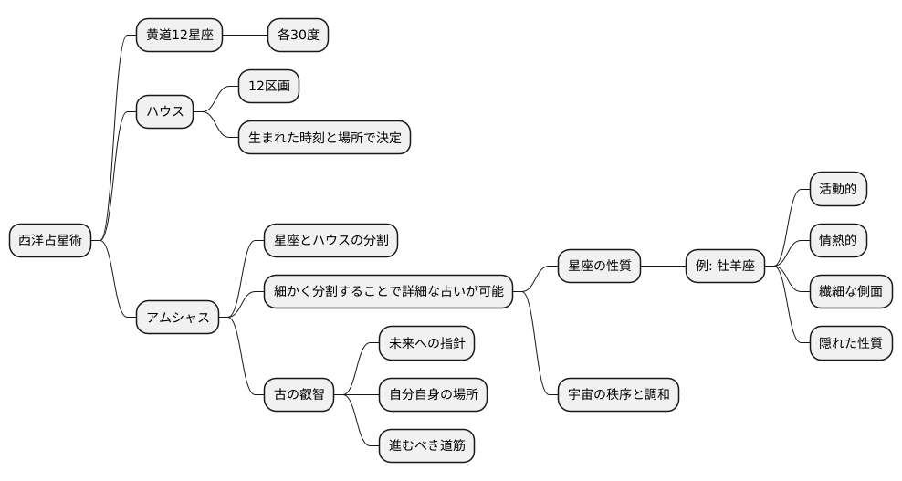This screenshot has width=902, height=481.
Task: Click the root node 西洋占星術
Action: (x=50, y=240)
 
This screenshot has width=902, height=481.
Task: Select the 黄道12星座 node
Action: (x=179, y=36)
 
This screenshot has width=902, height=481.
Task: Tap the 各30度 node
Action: (x=298, y=36)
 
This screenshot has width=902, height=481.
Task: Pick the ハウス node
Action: (x=165, y=112)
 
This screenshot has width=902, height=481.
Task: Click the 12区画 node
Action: (x=268, y=87)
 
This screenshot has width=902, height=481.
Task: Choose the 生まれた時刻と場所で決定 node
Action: (x=324, y=138)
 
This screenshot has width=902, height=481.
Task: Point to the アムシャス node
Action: (x=178, y=318)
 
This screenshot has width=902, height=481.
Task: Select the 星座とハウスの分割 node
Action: (x=330, y=240)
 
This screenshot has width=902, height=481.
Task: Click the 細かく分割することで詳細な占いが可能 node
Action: (x=388, y=291)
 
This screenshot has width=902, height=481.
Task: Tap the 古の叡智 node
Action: (x=299, y=394)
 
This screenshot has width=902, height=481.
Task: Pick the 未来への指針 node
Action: (x=426, y=343)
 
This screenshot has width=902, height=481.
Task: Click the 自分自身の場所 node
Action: (x=433, y=394)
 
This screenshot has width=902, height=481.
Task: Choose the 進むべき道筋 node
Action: (x=426, y=445)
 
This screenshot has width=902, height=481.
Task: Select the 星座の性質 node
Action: (x=599, y=266)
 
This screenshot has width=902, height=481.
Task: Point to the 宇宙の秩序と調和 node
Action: (x=618, y=394)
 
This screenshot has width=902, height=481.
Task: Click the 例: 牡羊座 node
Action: (x=725, y=266)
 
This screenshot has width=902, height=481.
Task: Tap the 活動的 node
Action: (x=837, y=189)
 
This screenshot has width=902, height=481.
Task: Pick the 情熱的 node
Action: (x=837, y=240)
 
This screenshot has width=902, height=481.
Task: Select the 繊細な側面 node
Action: (x=850, y=291)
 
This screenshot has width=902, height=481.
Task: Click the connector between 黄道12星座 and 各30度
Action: (x=246, y=36)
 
